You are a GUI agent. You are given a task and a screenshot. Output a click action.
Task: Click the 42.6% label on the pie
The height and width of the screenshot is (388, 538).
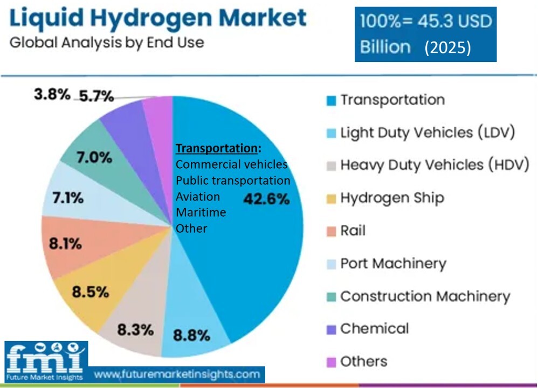tap(266, 199)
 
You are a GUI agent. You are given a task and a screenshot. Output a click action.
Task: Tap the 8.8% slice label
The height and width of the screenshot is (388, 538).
tap(191, 335)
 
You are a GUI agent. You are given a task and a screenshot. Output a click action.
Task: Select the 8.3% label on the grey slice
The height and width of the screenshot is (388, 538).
tap(135, 329)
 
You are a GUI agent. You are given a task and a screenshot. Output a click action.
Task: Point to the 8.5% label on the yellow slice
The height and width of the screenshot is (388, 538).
tap(91, 293)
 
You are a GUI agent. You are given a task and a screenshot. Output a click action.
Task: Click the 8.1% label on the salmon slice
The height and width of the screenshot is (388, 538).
tap(65, 244)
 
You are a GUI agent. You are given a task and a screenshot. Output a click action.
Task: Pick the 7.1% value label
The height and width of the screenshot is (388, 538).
tap(67, 198)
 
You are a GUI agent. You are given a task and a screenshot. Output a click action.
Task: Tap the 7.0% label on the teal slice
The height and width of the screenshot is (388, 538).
tap(94, 158)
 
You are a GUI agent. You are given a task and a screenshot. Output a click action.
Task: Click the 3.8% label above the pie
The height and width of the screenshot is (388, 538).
tap(52, 95)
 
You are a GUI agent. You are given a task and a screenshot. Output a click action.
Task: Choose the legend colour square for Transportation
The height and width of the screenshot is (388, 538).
tap(332, 100)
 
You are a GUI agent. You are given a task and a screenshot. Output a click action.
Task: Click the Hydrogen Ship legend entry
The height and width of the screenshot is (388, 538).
tap(392, 198)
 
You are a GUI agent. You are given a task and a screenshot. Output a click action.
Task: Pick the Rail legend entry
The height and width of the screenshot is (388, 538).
tap(353, 231)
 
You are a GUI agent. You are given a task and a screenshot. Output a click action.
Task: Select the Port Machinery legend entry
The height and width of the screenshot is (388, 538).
tap(393, 264)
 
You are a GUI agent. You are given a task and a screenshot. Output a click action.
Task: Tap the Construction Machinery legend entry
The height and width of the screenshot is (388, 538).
tap(425, 296)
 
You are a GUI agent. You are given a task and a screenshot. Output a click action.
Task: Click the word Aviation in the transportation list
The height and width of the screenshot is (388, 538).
tap(198, 197)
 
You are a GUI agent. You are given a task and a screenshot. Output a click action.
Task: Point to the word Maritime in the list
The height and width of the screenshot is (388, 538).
tap(201, 212)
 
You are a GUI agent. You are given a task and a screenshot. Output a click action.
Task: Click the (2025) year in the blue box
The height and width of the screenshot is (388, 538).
tap(447, 47)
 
